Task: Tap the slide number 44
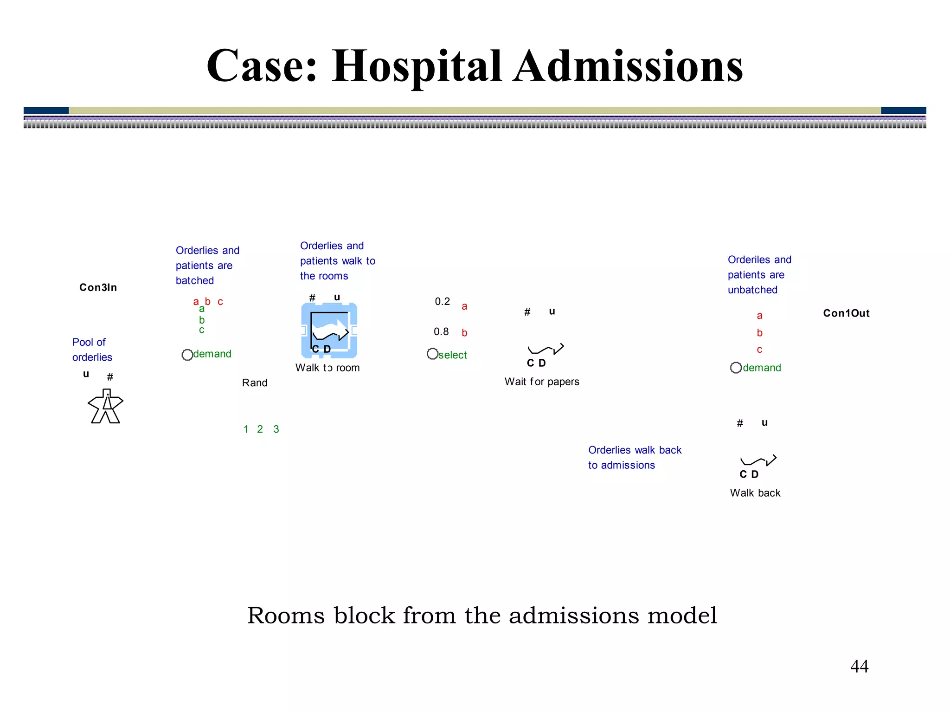pyautogui.click(x=859, y=666)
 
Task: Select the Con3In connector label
pyautogui.click(x=98, y=287)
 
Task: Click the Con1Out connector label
pyautogui.click(x=846, y=313)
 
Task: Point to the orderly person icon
pyautogui.click(x=106, y=406)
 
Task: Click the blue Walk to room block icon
pyautogui.click(x=329, y=330)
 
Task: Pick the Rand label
pyautogui.click(x=255, y=383)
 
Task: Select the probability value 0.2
pyautogui.click(x=442, y=302)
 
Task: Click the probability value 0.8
pyautogui.click(x=441, y=332)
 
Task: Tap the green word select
pyautogui.click(x=453, y=355)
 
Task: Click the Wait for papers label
pyautogui.click(x=542, y=382)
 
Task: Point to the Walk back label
pyautogui.click(x=755, y=493)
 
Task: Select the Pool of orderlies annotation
pyautogui.click(x=92, y=350)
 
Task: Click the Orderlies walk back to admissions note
pyautogui.click(x=635, y=457)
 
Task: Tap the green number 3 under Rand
pyautogui.click(x=276, y=429)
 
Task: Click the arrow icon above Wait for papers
pyautogui.click(x=546, y=349)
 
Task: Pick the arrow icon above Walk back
pyautogui.click(x=758, y=460)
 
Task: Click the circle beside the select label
pyautogui.click(x=432, y=354)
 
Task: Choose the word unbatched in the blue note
pyautogui.click(x=752, y=290)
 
